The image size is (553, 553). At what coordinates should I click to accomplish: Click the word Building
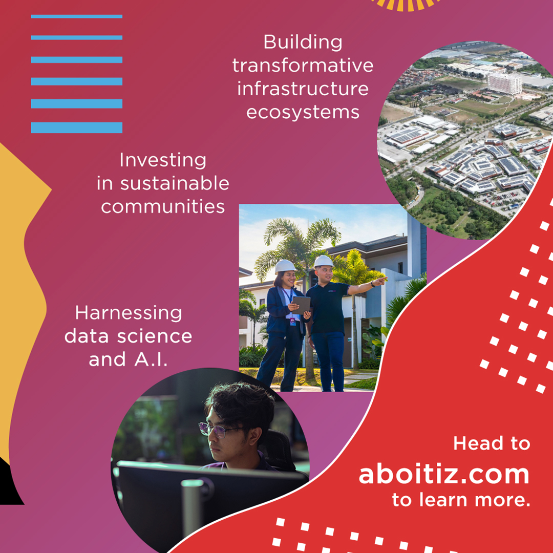[x=303, y=42]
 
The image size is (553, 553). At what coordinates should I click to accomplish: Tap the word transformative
[x=303, y=66]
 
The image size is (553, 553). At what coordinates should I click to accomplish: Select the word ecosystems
[x=303, y=112]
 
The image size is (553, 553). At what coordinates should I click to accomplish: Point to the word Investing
[x=163, y=160]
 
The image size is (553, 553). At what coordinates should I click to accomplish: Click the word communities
[x=163, y=206]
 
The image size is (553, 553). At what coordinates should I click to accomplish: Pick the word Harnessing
[x=129, y=313]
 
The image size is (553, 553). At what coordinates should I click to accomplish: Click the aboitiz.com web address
[x=444, y=474]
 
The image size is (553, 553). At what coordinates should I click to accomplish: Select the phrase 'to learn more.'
[x=461, y=500]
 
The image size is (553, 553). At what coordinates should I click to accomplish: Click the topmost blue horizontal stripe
[x=77, y=16]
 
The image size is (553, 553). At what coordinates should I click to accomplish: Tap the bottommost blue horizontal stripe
[x=77, y=127]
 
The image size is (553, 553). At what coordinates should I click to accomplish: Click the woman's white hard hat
[x=285, y=266]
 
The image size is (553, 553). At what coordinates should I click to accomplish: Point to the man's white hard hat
[x=324, y=261]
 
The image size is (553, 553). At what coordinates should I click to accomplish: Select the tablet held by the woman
[x=301, y=305]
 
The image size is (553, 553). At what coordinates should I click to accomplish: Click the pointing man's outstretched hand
[x=380, y=281]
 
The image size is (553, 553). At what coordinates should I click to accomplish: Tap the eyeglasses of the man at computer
[x=218, y=429]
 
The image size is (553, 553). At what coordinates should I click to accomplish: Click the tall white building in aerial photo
[x=504, y=83]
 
